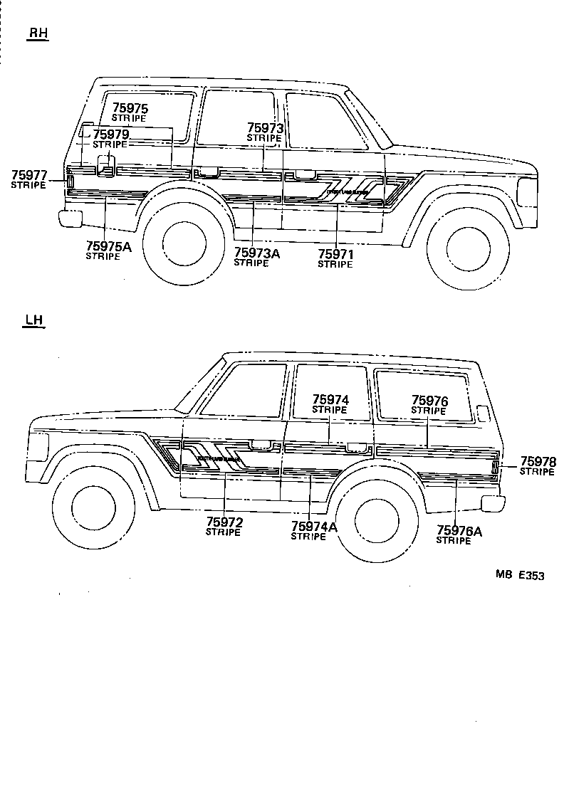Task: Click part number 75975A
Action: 108,247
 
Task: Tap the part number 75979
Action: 110,135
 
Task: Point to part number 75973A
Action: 256,253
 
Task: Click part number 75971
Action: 335,254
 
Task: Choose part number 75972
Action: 224,523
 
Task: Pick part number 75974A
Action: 314,527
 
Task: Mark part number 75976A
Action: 459,531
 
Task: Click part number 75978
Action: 538,461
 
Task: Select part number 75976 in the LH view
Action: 429,401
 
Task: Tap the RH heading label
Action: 38,33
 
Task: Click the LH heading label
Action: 33,320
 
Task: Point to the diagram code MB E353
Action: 520,576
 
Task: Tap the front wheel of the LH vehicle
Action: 94,510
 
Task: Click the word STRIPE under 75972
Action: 224,532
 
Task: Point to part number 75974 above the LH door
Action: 330,401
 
